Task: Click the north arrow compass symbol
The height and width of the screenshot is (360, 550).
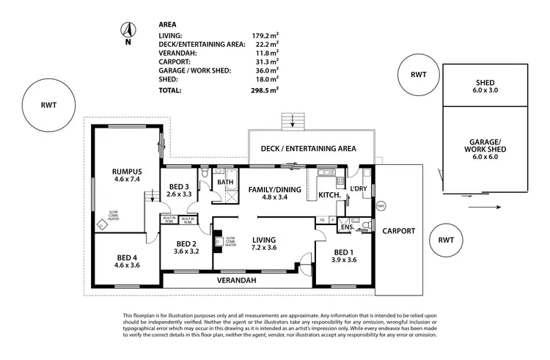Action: (x=128, y=32)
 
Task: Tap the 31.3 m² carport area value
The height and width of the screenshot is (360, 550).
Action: (x=265, y=62)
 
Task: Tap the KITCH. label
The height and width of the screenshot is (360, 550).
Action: (x=328, y=196)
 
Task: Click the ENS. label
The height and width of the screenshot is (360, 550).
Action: (x=347, y=228)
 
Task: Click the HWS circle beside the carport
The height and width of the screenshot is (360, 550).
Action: (x=381, y=206)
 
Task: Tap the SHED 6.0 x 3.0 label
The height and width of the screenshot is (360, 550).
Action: (x=485, y=87)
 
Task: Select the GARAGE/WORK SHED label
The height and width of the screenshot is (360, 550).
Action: (x=485, y=147)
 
